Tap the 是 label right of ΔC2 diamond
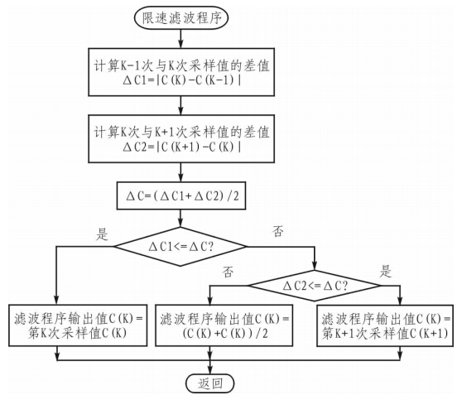pyautogui.click(x=384, y=271)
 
